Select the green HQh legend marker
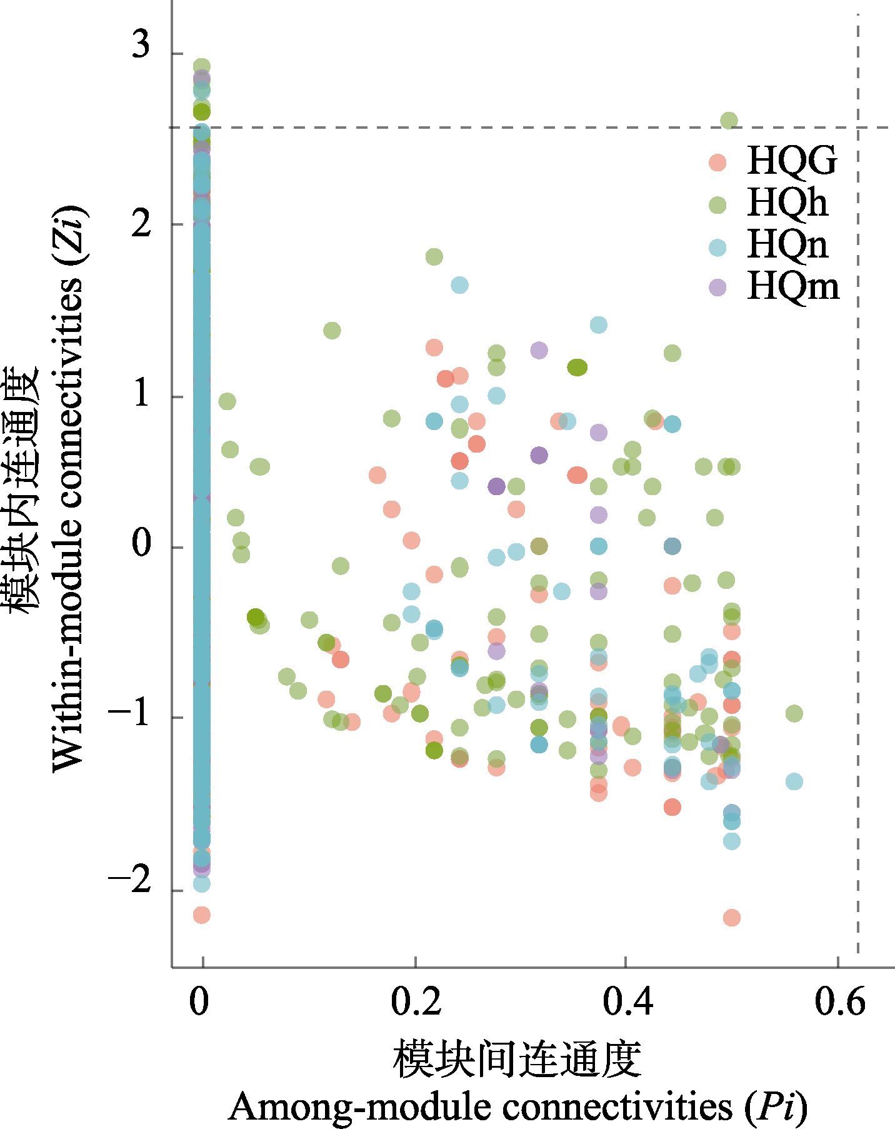717,204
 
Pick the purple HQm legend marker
717,287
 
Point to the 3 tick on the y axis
141,45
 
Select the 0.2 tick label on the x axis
416,1001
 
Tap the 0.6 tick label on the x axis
839,1001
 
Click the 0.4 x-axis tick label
627,1001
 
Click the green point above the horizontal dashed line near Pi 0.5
729,120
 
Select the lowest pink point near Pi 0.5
732,918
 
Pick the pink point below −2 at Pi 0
201,915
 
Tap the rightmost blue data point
794,781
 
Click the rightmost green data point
794,713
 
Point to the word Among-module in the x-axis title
359,1106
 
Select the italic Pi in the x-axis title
776,1106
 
